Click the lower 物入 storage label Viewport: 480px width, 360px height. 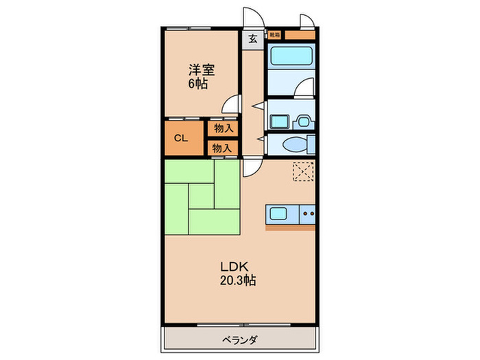coord(221,147)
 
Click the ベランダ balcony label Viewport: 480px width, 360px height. coord(239,339)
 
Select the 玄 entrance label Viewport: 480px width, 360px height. coord(252,38)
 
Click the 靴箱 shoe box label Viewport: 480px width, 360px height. coord(274,33)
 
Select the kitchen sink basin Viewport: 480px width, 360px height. coord(280,213)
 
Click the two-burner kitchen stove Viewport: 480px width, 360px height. coord(307,213)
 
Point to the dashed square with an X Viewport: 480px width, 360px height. coord(302,170)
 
